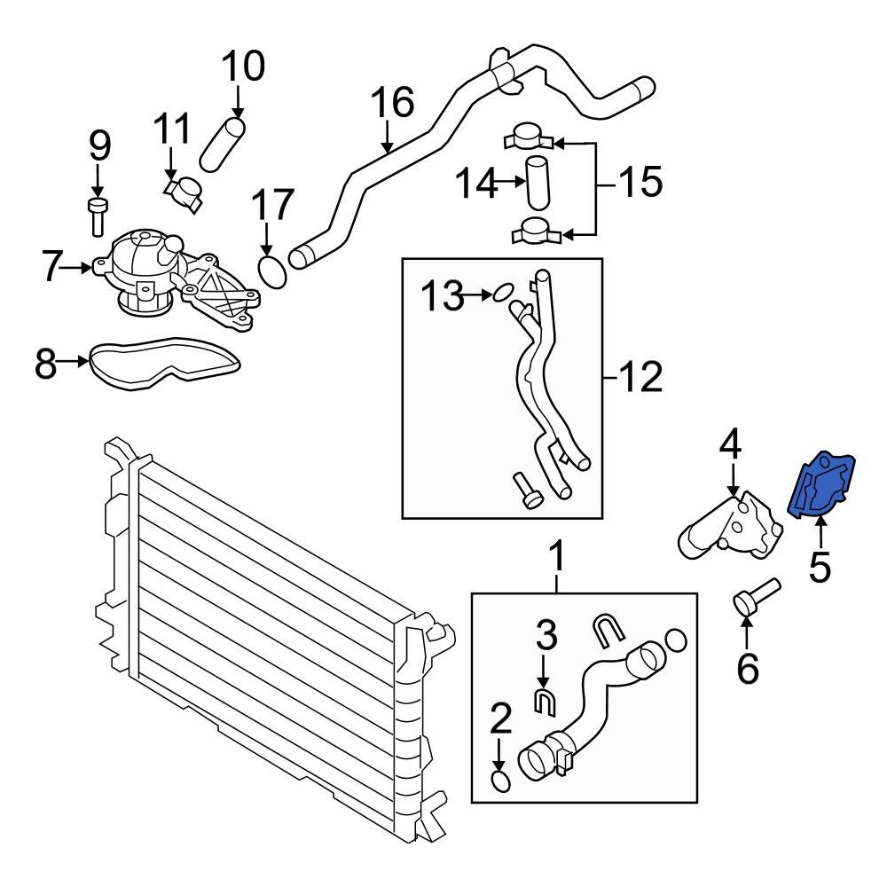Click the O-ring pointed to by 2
[x=500, y=781]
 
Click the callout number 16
[x=391, y=104]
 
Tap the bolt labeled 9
[x=98, y=216]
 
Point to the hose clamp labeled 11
[x=186, y=192]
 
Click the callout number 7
[x=52, y=264]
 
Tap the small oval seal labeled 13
[x=503, y=291]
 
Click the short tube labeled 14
[x=538, y=181]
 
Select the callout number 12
[x=640, y=380]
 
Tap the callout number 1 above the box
[x=557, y=560]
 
